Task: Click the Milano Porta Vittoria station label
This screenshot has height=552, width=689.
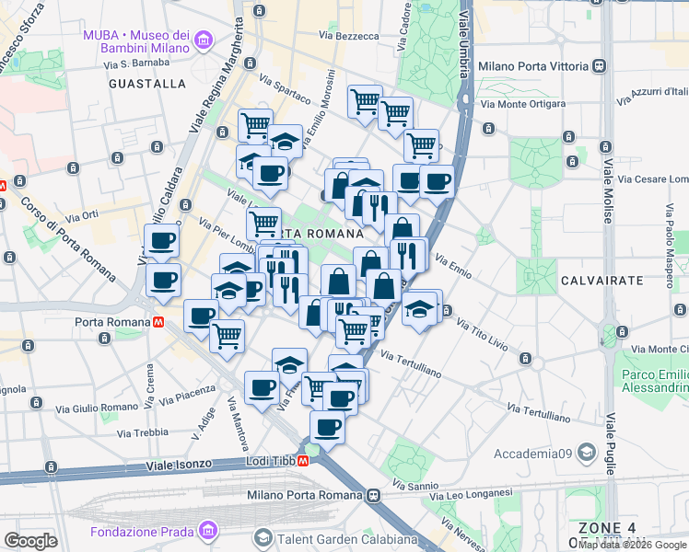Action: tap(532, 66)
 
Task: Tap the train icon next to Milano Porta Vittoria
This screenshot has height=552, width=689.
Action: tap(600, 66)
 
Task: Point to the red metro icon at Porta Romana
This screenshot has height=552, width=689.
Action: tap(159, 323)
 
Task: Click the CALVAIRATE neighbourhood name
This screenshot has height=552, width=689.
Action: tap(595, 278)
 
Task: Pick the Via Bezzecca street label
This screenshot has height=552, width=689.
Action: tap(349, 36)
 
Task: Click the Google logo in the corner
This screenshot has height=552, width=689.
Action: tap(30, 541)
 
